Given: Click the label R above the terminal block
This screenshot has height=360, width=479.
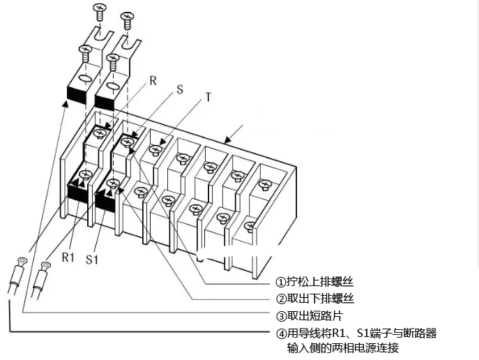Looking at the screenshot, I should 153,80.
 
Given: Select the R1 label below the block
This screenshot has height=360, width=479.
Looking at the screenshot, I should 68,257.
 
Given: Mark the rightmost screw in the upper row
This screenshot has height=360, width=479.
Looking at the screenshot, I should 264,184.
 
